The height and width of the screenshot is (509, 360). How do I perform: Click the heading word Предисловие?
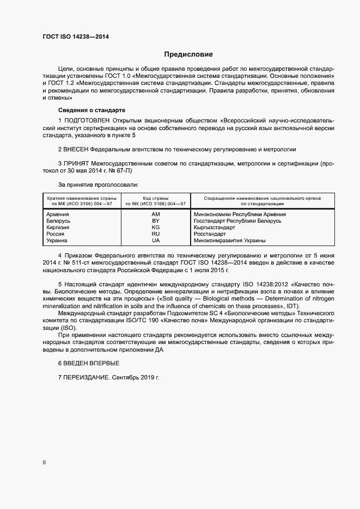click(188, 54)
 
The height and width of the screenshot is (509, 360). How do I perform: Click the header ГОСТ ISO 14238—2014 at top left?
click(76, 36)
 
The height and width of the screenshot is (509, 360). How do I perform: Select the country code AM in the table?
click(155, 214)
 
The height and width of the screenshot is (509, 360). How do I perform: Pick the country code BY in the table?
click(155, 221)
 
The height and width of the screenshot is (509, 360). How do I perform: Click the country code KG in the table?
click(155, 228)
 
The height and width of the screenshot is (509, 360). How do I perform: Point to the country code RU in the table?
click(155, 234)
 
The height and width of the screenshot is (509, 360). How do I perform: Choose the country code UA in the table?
click(155, 241)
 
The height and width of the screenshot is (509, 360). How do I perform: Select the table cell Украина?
click(58, 241)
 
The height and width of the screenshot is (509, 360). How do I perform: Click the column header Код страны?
click(155, 198)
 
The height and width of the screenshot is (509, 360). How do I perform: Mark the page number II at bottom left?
click(44, 463)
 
